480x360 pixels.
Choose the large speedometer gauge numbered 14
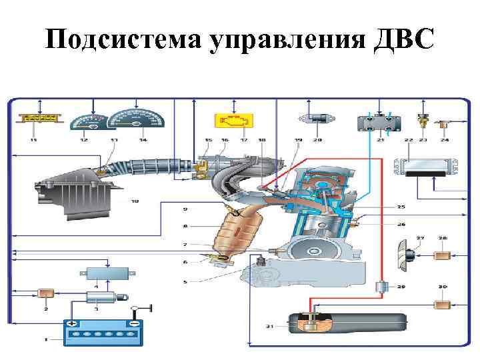(x=137, y=119)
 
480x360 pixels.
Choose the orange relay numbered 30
(x=442, y=305)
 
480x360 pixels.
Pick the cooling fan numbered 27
(x=406, y=255)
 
